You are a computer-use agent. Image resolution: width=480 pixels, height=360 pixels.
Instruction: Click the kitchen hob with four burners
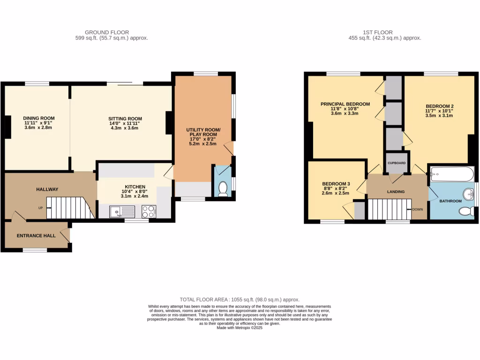tap(149, 212)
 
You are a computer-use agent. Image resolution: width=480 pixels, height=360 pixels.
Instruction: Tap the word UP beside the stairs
tap(41, 208)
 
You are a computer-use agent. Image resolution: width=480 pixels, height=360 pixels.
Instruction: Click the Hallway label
tap(47, 189)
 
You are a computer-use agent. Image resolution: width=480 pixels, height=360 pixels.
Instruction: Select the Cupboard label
tap(397, 163)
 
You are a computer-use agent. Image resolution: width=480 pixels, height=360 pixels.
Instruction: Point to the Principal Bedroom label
tap(345, 104)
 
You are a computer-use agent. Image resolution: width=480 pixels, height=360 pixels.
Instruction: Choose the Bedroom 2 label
tap(440, 106)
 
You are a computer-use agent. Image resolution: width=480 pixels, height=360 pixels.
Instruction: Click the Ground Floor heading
tap(112, 32)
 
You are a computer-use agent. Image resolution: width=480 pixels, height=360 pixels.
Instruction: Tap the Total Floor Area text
tap(240, 300)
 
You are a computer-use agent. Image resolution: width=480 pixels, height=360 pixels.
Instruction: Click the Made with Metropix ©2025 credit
tap(240, 328)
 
